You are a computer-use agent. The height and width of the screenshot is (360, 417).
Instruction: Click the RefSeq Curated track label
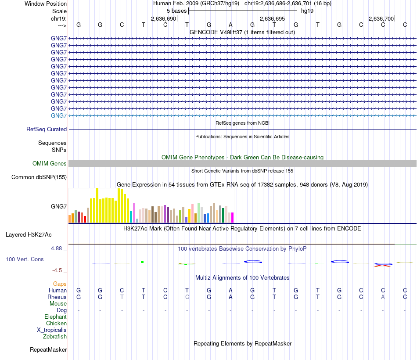[47, 130]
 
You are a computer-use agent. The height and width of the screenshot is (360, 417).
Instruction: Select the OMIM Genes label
[50, 164]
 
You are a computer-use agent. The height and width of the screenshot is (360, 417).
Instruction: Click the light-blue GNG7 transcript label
[59, 115]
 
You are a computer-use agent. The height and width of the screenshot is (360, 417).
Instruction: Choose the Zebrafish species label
[55, 337]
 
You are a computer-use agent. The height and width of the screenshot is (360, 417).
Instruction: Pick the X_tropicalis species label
[52, 330]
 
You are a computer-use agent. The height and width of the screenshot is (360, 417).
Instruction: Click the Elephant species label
[55, 317]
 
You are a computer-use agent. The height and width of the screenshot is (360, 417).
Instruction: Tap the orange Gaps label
[60, 284]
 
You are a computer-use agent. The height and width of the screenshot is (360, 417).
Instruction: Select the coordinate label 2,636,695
[272, 19]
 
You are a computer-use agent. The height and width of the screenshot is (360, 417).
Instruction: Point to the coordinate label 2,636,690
[163, 19]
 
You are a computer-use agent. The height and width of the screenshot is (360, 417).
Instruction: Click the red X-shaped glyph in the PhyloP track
[383, 265]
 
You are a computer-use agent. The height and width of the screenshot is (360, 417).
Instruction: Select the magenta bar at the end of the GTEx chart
[232, 217]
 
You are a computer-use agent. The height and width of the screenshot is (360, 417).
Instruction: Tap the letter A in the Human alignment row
[231, 290]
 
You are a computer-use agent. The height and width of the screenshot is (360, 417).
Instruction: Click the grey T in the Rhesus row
[122, 297]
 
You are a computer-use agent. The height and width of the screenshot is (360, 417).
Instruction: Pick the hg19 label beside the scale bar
[307, 11]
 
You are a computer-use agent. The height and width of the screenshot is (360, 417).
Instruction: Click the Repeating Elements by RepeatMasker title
[242, 343]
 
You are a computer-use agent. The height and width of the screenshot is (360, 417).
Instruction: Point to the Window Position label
[46, 4]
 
